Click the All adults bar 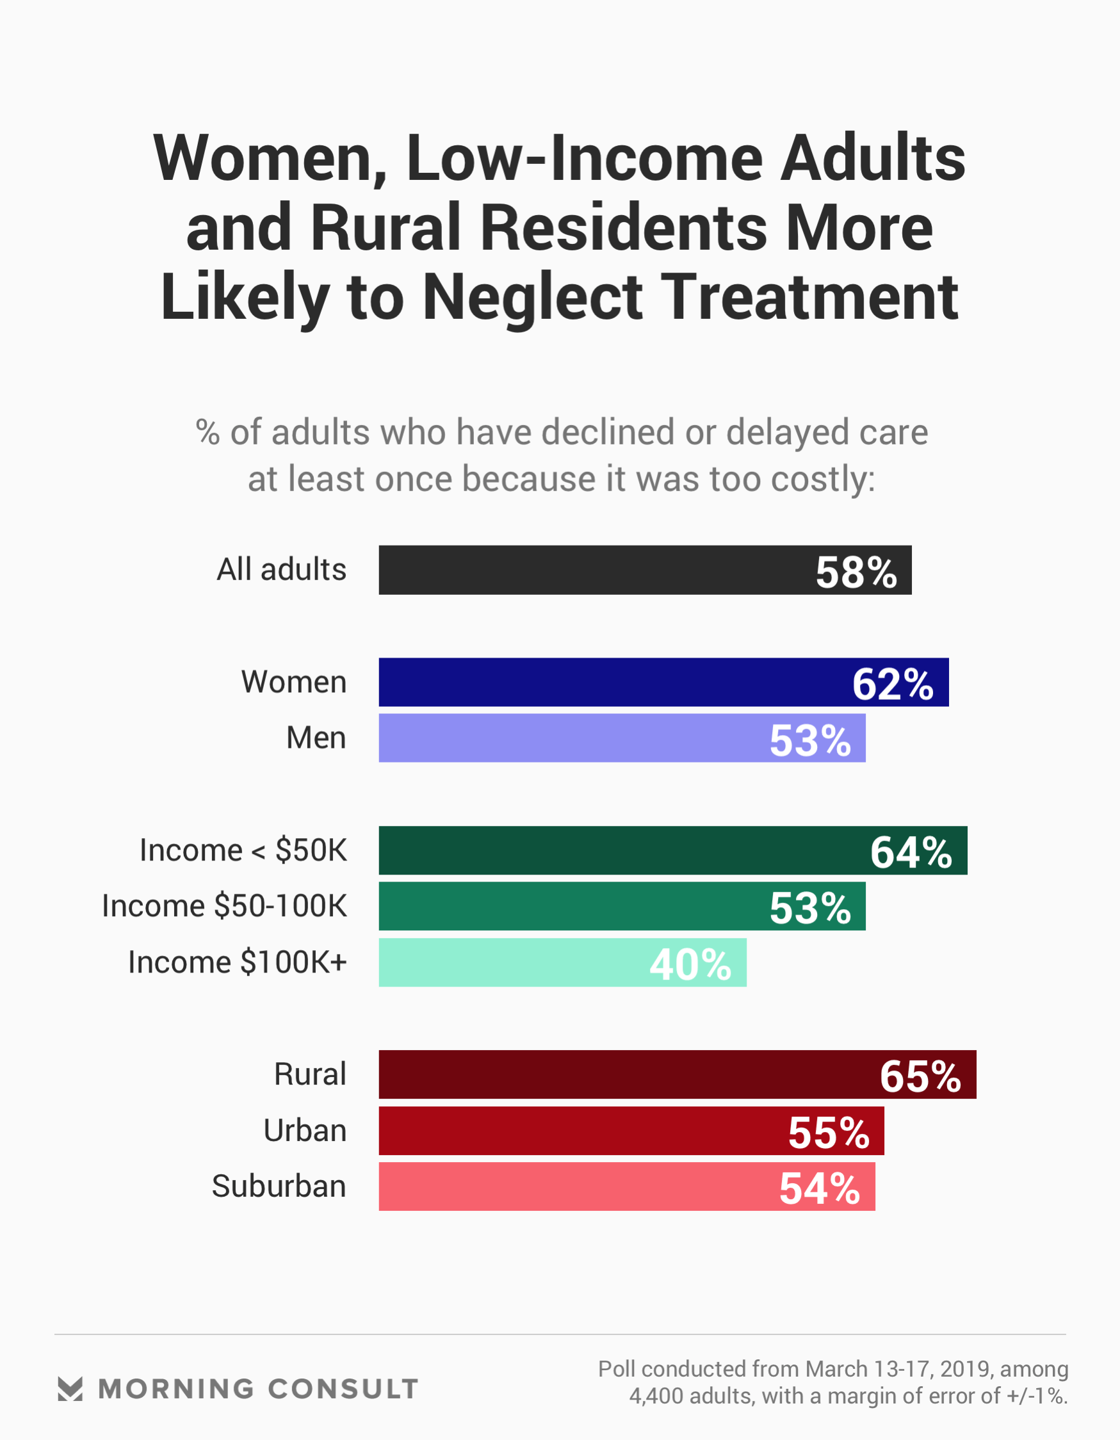coord(594,570)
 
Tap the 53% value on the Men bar coord(810,740)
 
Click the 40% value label coord(690,964)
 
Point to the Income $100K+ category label coord(237,962)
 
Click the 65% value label coord(920,1076)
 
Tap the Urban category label coord(305,1130)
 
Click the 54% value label coord(819,1188)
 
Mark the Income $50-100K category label coord(224,906)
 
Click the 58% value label coord(856,572)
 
